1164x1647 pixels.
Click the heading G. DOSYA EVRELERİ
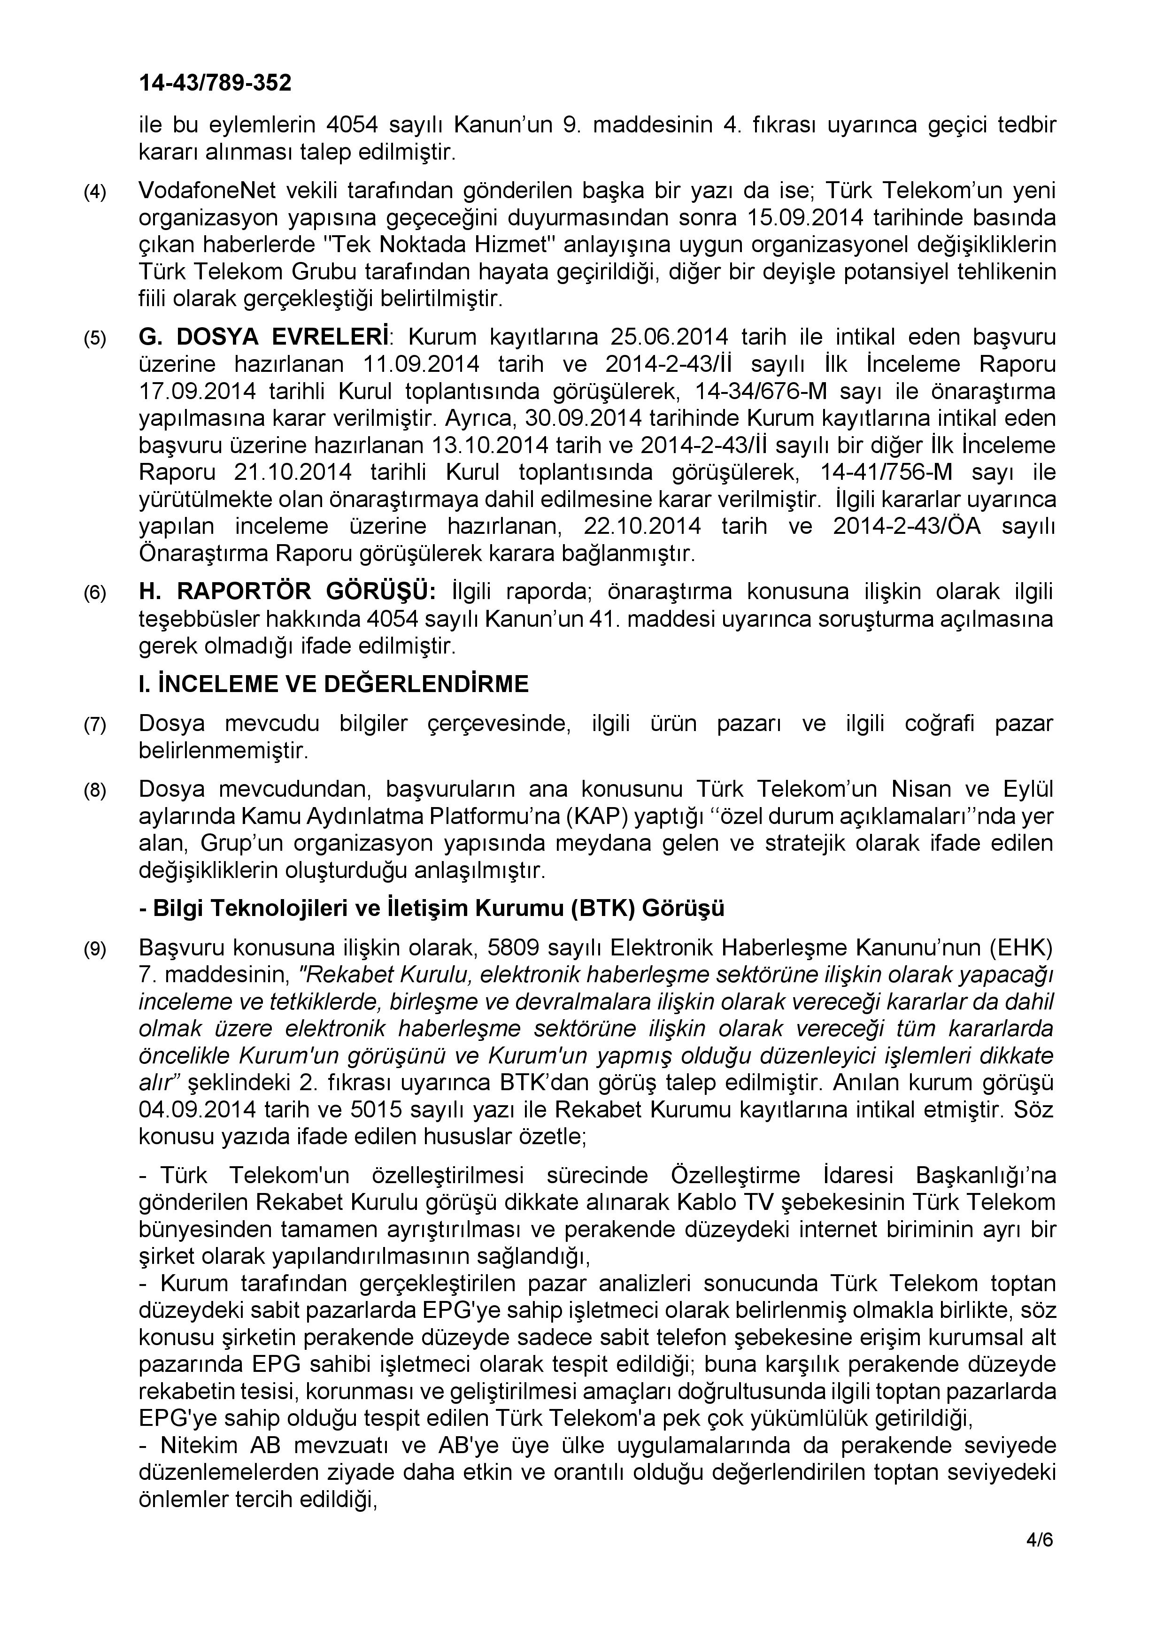pos(265,337)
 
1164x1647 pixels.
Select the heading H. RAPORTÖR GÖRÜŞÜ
pos(287,593)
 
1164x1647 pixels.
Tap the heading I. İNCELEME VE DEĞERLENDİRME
pos(333,685)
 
